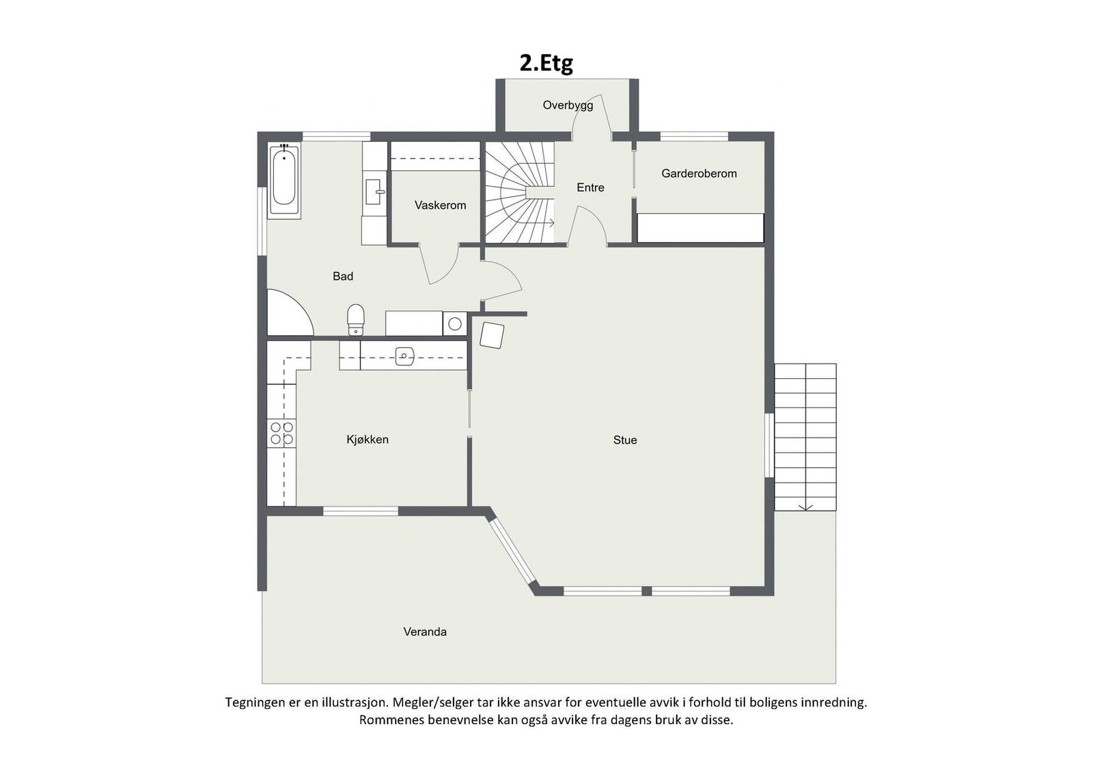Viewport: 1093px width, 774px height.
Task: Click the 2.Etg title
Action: [546, 63]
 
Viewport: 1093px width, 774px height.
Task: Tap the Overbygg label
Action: [568, 105]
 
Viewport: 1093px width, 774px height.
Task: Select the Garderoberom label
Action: [699, 174]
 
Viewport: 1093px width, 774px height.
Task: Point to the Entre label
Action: [590, 187]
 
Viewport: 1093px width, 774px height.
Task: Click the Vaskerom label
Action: [440, 205]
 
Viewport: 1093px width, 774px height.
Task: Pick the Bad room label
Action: [343, 276]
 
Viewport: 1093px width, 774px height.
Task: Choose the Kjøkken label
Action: [368, 440]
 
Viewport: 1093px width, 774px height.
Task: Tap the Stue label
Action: [624, 440]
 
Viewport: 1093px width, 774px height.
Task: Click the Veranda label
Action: [425, 632]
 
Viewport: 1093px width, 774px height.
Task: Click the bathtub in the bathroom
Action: [283, 180]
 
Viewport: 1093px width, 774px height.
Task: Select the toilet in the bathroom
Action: [356, 319]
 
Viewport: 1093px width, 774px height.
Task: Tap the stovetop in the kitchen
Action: [281, 433]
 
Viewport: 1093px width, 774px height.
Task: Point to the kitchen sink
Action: [404, 356]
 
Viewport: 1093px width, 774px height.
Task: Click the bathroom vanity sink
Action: [374, 192]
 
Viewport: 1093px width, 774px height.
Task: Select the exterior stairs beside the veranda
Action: [805, 438]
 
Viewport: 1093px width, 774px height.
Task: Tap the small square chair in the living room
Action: [492, 335]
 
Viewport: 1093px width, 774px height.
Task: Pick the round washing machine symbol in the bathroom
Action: [454, 323]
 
